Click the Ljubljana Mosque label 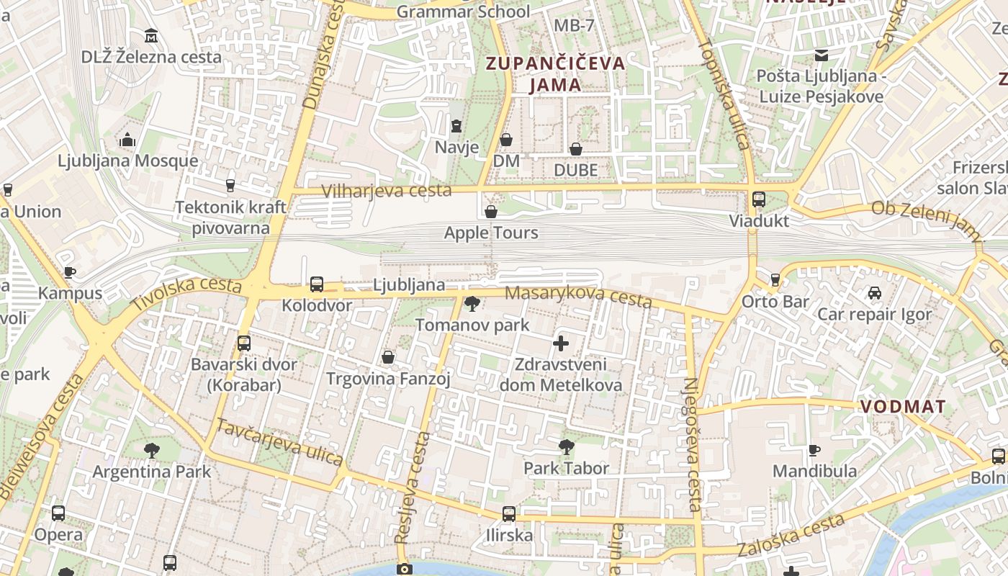127,160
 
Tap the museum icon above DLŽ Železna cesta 151,35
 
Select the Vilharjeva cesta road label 387,191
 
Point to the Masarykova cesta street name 578,296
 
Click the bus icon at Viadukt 759,199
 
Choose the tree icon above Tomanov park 472,303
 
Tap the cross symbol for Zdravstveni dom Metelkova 561,343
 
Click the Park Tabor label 566,468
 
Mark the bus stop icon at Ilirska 509,514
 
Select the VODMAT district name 903,406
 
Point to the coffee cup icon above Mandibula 814,450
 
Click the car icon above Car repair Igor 874,293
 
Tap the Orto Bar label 775,301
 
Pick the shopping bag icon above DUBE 576,149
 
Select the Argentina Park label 151,472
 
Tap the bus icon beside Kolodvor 317,284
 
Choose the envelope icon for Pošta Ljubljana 821,55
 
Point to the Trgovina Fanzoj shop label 388,379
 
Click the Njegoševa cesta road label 693,444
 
